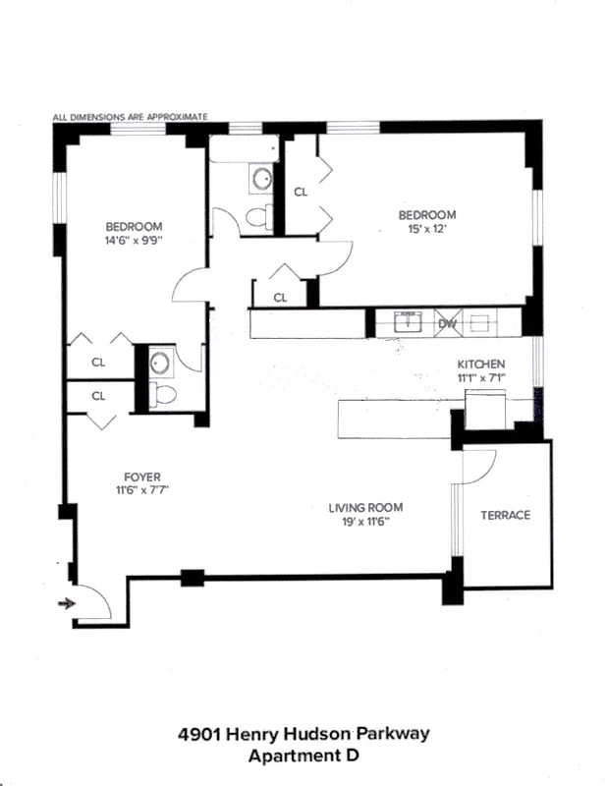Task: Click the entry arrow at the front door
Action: tap(68, 603)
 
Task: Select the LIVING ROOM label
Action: tap(365, 508)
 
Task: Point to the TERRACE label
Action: tap(504, 516)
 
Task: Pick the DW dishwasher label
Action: tap(447, 322)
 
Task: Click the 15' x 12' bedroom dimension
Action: tap(426, 230)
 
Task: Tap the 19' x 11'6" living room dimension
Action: tap(365, 522)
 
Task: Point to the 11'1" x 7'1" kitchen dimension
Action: tap(480, 376)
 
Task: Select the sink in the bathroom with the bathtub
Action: tap(261, 179)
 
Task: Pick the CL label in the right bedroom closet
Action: tap(301, 192)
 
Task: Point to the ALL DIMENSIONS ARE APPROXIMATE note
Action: tap(130, 116)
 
